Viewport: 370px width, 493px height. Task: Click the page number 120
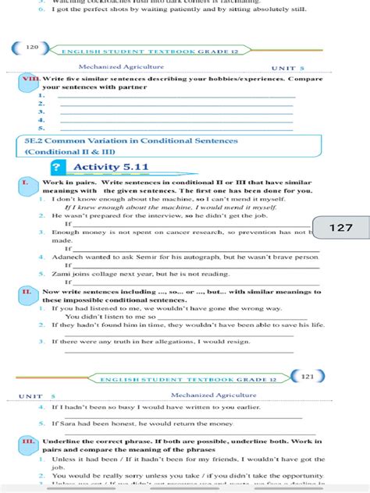[x=32, y=48]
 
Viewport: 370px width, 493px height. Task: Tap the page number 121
[x=307, y=376]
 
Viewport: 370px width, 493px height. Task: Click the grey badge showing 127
[x=341, y=228]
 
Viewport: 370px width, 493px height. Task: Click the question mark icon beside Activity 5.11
[x=57, y=167]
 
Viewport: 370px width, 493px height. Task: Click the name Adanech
[x=67, y=257]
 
